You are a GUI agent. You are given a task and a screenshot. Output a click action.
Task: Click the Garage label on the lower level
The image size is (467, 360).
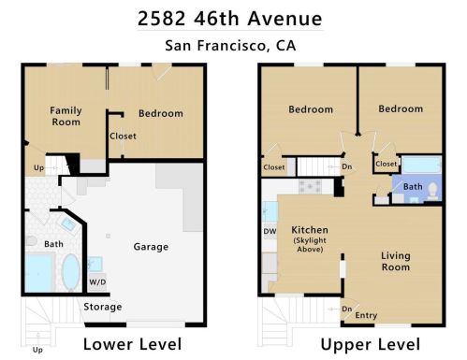(x=151, y=247)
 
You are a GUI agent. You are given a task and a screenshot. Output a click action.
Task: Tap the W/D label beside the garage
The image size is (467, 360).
(x=97, y=282)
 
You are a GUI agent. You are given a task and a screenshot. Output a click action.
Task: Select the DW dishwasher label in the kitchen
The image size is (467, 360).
(x=270, y=231)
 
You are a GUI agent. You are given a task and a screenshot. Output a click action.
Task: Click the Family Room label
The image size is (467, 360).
(x=66, y=116)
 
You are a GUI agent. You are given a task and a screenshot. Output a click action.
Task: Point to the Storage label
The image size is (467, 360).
(x=103, y=307)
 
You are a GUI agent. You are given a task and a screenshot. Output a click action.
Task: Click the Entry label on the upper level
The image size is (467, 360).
(x=366, y=315)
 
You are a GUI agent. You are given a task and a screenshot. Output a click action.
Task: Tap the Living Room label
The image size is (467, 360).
(x=396, y=261)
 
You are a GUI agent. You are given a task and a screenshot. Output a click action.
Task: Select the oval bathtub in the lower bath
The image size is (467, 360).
(x=71, y=272)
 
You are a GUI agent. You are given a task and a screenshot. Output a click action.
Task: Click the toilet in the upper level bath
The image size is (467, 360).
(x=432, y=191)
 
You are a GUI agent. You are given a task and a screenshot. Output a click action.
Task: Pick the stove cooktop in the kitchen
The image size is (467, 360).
(x=310, y=186)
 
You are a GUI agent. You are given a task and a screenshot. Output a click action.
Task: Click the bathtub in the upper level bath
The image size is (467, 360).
(x=421, y=165)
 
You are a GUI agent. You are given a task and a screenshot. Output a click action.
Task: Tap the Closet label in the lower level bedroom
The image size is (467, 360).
(x=123, y=137)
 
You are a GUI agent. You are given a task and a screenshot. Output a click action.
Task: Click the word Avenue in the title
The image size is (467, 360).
(x=285, y=19)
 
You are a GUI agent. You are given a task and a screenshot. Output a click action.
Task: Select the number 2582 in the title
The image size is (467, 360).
(x=162, y=19)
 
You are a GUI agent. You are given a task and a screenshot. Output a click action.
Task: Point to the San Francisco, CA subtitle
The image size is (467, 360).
(x=230, y=46)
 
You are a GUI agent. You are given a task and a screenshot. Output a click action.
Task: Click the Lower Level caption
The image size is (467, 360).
(x=132, y=344)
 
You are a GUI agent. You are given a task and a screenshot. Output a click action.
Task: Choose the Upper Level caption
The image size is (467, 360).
(x=371, y=345)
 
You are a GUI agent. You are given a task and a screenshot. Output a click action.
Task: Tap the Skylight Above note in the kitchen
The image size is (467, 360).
(x=310, y=245)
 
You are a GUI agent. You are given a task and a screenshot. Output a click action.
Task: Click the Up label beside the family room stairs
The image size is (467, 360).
(x=39, y=168)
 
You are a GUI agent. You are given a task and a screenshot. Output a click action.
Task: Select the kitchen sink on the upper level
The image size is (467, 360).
(x=270, y=211)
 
